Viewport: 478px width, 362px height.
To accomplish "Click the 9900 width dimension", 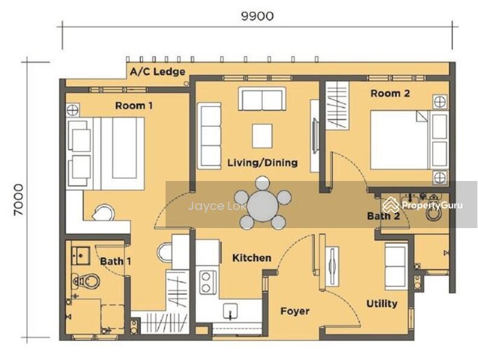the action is tap(257, 16).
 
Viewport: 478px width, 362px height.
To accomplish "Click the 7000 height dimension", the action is tap(18, 200).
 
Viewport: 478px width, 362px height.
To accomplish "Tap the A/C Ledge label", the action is tap(158, 72).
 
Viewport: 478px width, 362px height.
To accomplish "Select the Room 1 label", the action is tap(134, 106).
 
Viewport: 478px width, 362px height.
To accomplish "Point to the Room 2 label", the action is tap(390, 93).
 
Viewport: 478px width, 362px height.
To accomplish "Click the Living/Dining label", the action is tap(262, 162).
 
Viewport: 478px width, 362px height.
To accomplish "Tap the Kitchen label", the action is tap(252, 258).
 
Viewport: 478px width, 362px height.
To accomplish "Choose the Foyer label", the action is tap(295, 311).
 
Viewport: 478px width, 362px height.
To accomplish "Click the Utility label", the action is tap(382, 303).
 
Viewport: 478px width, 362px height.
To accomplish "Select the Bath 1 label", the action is tap(115, 261).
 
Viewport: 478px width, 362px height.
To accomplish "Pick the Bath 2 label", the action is tap(383, 216).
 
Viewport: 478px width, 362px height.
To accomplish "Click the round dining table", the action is tap(263, 206).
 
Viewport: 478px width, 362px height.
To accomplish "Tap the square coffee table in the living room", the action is tap(262, 136).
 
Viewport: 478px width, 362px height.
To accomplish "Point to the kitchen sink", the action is tap(230, 311).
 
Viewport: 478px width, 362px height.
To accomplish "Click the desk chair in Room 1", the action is tap(103, 212).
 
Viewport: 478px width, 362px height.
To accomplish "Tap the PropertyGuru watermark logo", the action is tap(423, 205).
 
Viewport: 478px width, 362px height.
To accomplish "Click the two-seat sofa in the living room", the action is tap(262, 99).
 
